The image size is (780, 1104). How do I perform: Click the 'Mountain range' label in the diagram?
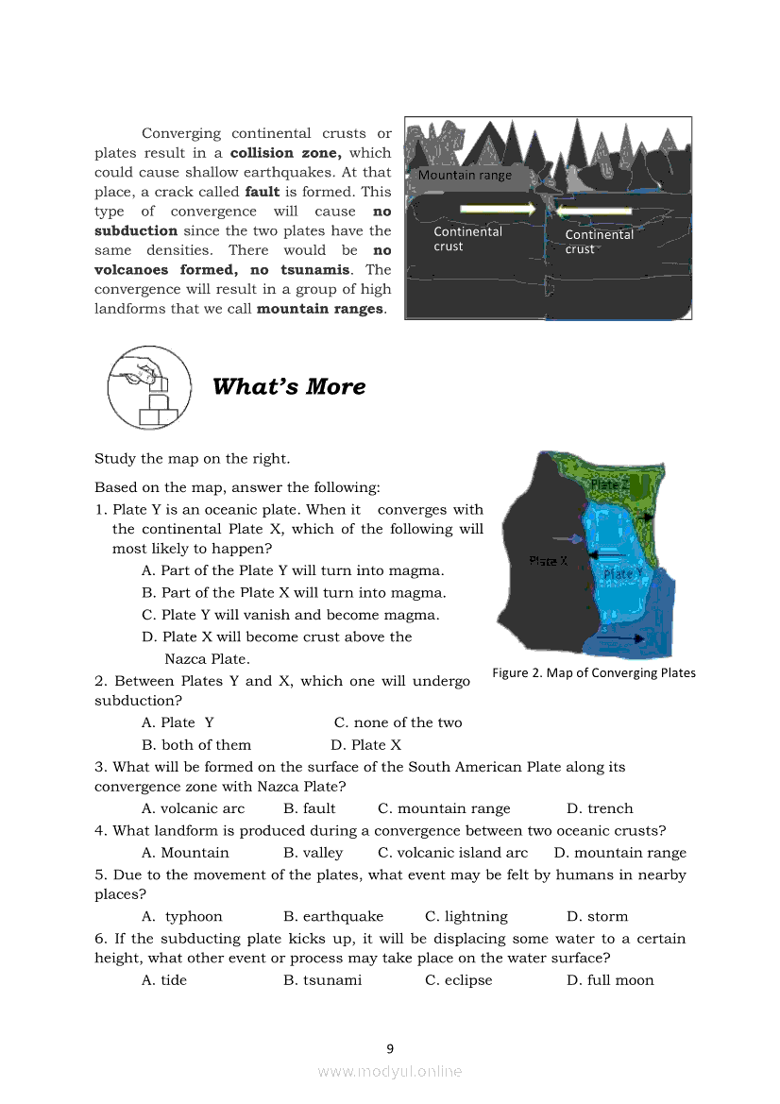465,175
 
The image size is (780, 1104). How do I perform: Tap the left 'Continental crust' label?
467,239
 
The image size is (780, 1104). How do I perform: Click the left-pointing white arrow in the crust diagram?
594,211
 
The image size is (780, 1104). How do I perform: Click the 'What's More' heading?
289,386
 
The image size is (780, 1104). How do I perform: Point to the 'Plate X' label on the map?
549,560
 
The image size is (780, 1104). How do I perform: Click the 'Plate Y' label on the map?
622,573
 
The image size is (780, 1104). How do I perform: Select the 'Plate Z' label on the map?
609,484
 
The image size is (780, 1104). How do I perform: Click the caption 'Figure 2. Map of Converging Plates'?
593,672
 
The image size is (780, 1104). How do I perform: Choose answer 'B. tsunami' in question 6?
322,980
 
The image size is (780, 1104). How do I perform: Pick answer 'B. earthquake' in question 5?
333,916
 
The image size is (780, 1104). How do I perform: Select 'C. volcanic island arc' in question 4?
452,853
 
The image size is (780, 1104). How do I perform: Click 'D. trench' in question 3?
600,808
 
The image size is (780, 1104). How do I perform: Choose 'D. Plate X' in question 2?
366,745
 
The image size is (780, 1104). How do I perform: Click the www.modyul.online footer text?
390,1071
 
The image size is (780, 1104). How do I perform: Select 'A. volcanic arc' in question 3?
193,808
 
